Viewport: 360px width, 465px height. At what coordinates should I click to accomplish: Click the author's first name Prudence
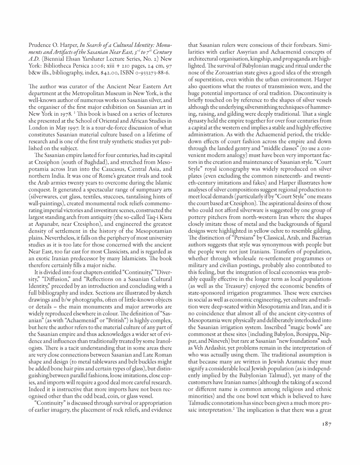(x=42, y=45)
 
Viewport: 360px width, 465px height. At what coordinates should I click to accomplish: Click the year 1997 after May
(x=80, y=130)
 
